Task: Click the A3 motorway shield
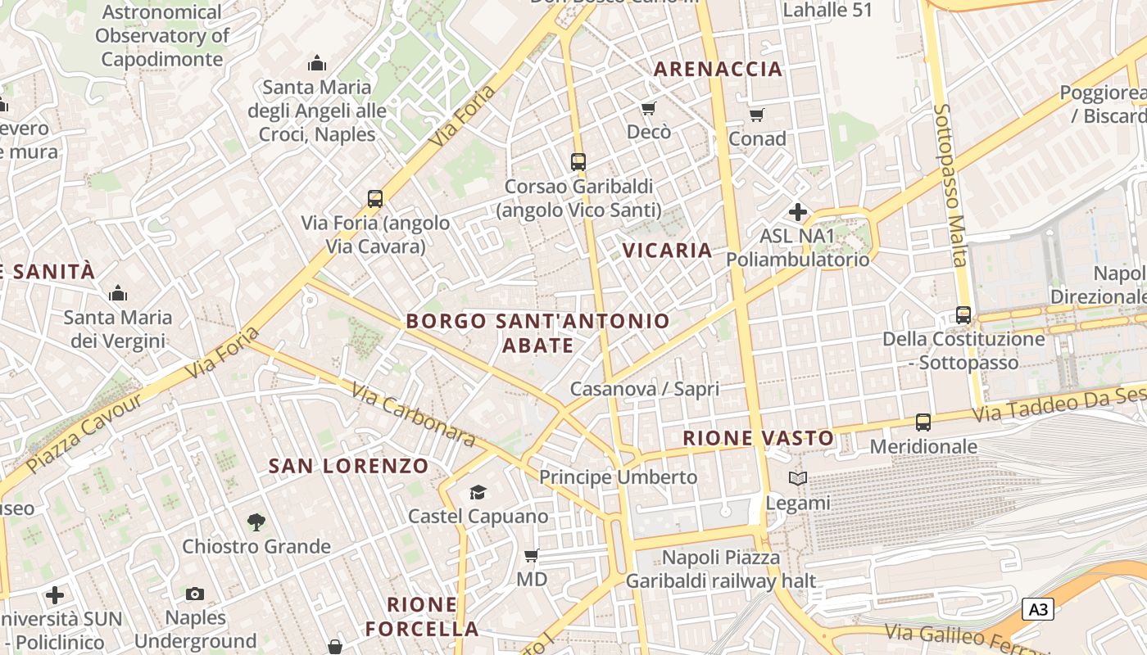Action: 1037,609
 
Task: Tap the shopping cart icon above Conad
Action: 757,115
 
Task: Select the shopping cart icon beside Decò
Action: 649,108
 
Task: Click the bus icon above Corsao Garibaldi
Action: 578,161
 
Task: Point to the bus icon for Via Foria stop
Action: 375,198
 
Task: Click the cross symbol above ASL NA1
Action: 797,212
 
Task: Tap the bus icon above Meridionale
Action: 923,422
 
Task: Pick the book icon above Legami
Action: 797,478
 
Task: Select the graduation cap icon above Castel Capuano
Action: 478,492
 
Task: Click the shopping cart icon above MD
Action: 531,556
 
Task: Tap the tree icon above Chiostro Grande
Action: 256,522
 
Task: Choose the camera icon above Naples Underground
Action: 195,594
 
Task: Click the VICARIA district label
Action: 668,251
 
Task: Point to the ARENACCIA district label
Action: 718,70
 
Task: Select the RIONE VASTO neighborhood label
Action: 759,438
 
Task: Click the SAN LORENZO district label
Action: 349,466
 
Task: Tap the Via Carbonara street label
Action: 413,415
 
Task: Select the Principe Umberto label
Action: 619,477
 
